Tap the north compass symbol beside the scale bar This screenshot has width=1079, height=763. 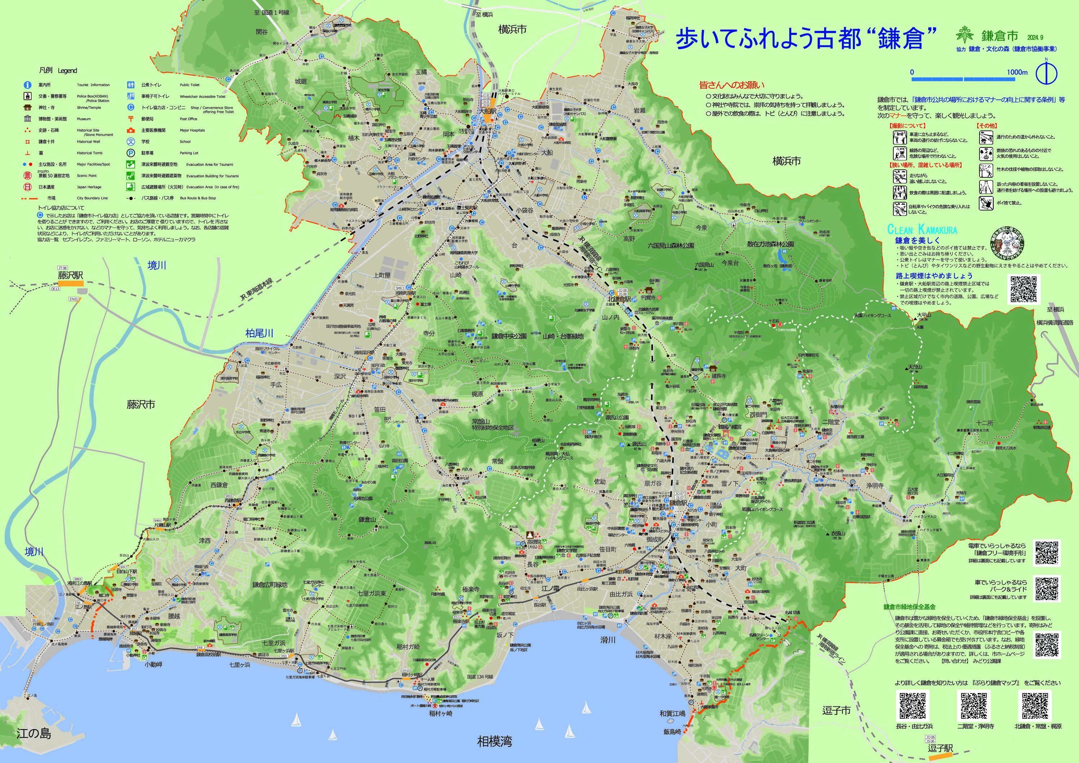coord(1047,73)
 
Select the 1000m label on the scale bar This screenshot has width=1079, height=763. coord(1017,72)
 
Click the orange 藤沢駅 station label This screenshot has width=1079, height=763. coord(71,275)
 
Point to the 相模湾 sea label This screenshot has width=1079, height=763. coord(494,741)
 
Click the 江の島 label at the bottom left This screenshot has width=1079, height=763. coord(34,733)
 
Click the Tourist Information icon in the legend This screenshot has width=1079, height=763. coord(28,85)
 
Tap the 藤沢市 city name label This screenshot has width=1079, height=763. coord(141,404)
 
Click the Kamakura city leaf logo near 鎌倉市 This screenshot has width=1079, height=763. coord(964,34)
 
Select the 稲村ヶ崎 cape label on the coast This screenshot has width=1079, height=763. coord(440,713)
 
